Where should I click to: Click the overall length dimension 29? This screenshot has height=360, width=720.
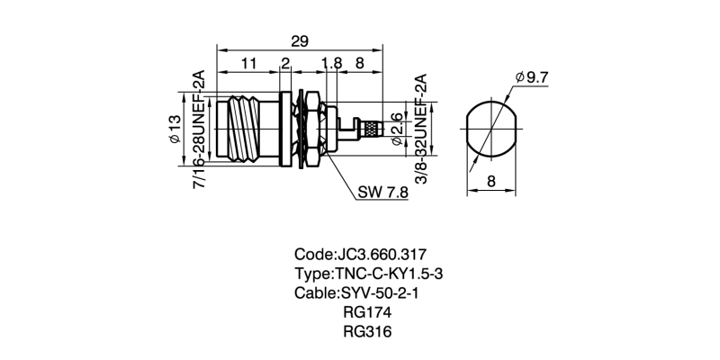299,40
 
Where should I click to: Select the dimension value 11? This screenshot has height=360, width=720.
249,64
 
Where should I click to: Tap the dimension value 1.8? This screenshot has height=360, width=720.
330,64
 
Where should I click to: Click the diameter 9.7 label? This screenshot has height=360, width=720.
532,78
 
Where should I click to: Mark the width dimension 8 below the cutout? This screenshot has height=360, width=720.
491,182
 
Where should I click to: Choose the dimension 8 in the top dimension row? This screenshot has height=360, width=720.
360,64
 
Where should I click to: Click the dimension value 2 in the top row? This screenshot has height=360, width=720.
285,64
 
